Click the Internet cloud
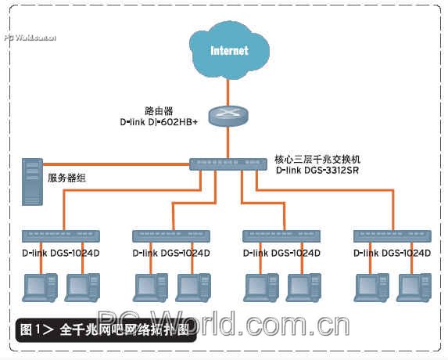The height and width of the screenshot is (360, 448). tap(228, 51)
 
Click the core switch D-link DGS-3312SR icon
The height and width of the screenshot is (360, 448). tap(228, 164)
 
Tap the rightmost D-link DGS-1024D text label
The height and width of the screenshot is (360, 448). tap(392, 254)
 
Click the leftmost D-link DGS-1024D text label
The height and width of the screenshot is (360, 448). tap(60, 254)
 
